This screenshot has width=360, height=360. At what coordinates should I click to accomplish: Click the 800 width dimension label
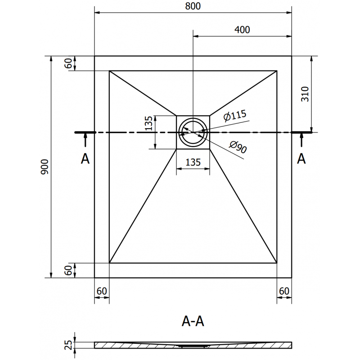click(193, 6)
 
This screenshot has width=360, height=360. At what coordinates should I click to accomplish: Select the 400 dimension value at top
click(242, 30)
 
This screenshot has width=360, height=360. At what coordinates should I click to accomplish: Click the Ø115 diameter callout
click(234, 116)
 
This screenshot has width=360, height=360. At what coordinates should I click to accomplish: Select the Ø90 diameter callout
click(238, 147)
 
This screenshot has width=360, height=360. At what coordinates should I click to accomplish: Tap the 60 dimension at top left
click(68, 63)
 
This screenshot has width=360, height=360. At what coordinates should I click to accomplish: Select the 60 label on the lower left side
click(68, 270)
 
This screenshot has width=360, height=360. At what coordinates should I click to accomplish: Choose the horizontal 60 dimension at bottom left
click(102, 291)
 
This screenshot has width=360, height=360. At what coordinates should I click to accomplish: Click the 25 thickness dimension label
click(68, 345)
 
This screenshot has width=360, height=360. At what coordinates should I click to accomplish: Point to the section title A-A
click(193, 321)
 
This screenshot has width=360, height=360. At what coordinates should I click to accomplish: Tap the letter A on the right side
click(301, 158)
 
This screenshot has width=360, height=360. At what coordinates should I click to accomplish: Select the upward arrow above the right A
click(301, 141)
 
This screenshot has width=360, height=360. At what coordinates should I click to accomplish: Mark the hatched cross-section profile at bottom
click(135, 345)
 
